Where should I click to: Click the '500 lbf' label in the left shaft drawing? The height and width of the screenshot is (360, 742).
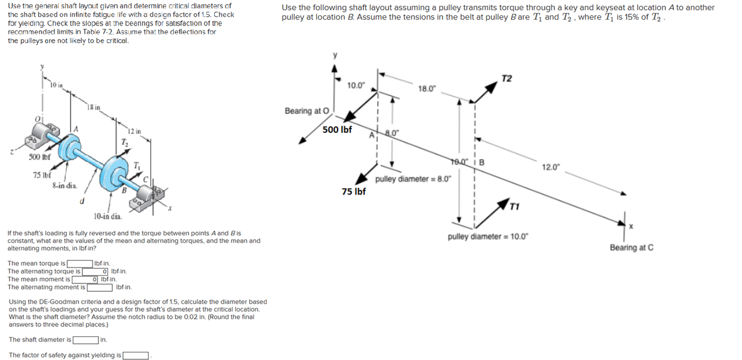40,157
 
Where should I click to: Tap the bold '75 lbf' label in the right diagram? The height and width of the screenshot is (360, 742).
354,191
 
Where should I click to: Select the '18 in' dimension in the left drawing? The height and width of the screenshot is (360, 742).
93,107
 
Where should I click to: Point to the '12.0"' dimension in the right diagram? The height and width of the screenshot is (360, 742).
550,167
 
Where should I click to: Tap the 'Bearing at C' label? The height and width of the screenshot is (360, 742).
631,247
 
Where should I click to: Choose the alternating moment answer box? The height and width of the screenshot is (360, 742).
100,287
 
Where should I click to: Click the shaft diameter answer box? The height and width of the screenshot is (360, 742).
85,340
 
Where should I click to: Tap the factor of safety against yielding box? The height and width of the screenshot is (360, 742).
136,355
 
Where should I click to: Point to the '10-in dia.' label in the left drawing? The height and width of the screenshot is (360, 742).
108,216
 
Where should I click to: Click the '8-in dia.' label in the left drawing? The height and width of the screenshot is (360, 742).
65,186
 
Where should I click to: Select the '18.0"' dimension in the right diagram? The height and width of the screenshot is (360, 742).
427,88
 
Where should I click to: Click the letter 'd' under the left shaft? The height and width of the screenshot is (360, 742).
81,201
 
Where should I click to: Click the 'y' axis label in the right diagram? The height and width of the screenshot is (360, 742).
335,55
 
